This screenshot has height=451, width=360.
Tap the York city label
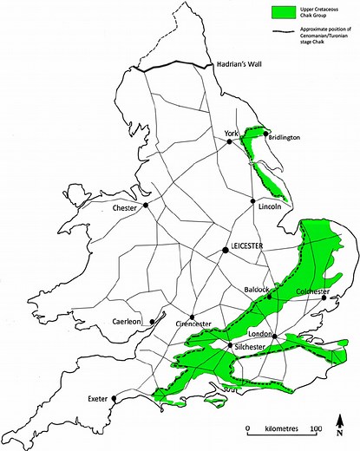point(230,133)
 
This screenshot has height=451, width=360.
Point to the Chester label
point(126,208)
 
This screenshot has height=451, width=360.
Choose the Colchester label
point(312,291)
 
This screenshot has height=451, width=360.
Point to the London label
point(259,334)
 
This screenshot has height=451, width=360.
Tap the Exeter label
point(100,399)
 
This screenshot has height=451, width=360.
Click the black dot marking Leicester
point(225,250)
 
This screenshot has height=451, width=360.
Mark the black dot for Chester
point(146,206)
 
